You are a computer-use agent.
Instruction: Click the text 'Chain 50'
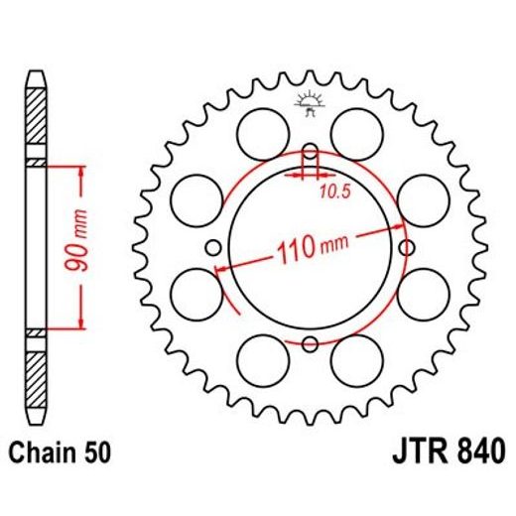pos(60,452)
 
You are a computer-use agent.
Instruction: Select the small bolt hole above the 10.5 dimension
pos(310,154)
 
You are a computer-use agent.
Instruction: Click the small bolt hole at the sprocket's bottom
pos(310,343)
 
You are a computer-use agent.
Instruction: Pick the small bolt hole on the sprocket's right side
pos(405,248)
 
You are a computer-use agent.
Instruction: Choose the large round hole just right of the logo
pos(356,130)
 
